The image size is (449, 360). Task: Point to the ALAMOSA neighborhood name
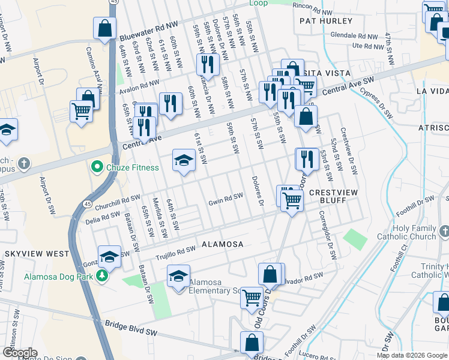coord(222,244)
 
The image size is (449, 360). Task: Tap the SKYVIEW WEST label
coord(37,254)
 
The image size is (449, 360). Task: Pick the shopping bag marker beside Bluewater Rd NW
coord(104,28)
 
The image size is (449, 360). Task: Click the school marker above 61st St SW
coord(184,160)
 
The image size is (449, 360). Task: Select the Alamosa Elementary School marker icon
coord(178,277)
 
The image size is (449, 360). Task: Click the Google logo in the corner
coord(19,353)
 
